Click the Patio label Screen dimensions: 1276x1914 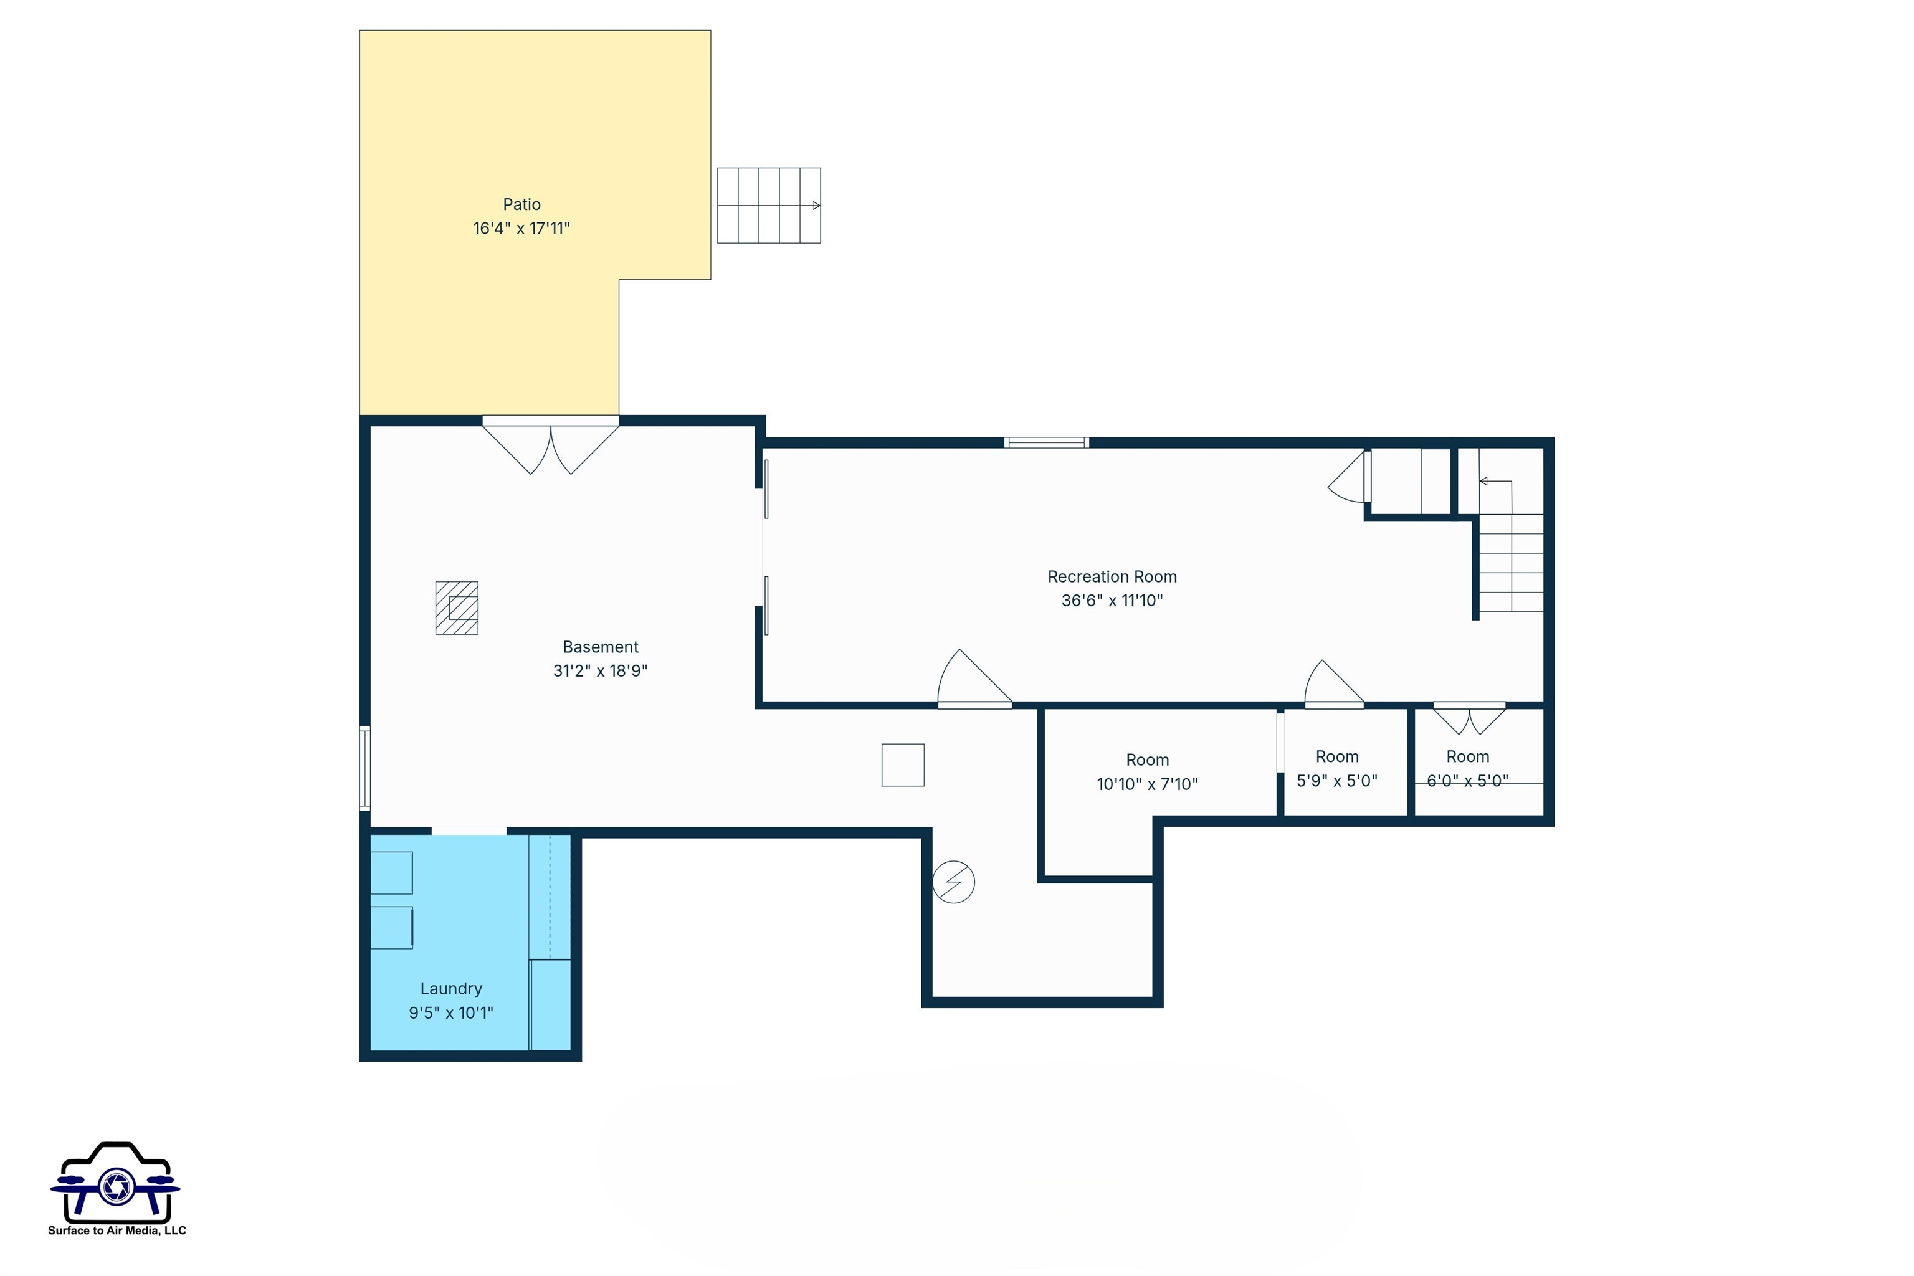click(521, 204)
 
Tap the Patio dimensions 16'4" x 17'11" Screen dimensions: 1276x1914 click(521, 229)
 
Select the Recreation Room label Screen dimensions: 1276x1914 click(1112, 577)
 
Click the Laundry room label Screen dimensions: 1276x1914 click(451, 989)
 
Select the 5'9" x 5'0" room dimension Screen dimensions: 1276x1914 click(1336, 781)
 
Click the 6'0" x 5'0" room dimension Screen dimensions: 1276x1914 click(1467, 781)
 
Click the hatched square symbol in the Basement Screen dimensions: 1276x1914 click(457, 608)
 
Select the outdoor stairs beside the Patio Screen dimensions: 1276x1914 click(768, 205)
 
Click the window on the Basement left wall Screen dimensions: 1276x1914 click(365, 768)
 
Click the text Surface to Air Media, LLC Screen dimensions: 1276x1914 click(117, 1231)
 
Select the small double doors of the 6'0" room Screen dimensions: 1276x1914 click(1469, 718)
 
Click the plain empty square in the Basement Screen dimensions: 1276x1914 click(902, 765)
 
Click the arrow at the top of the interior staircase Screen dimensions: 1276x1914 click(1484, 482)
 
